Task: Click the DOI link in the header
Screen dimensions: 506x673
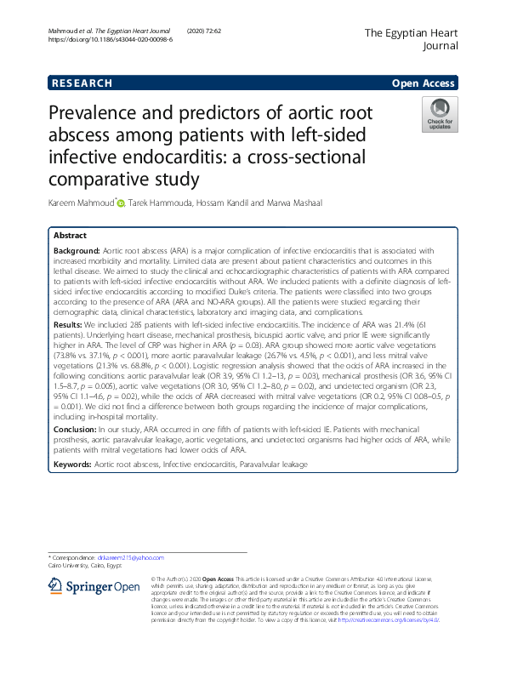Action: (x=110, y=39)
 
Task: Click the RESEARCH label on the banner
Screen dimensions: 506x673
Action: (x=82, y=83)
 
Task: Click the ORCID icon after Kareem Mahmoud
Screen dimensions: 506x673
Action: (x=121, y=203)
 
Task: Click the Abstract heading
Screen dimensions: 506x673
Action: (x=70, y=236)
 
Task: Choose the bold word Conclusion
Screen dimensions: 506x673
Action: (x=77, y=430)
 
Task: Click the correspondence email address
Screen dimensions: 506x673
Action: (x=135, y=556)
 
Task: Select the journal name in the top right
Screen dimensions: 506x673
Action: (x=412, y=39)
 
